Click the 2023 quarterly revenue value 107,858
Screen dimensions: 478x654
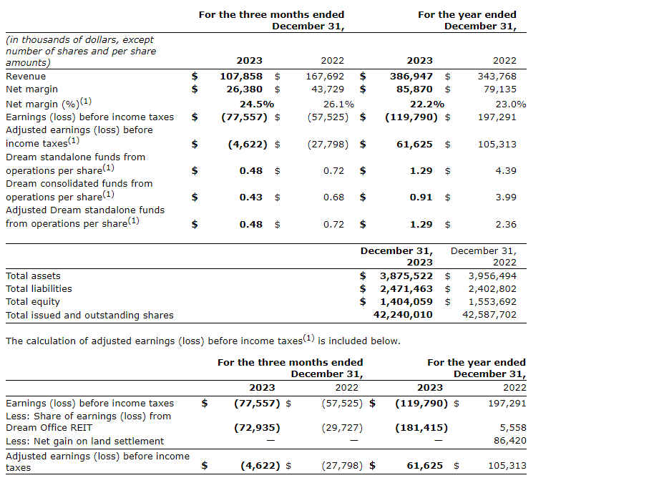[x=241, y=76]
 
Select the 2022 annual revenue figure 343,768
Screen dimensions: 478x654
[x=497, y=76]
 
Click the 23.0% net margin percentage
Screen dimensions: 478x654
[x=511, y=104]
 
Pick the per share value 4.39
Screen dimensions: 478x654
[x=506, y=171]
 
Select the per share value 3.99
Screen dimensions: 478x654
[x=506, y=197]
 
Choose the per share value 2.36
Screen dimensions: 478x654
[x=506, y=224]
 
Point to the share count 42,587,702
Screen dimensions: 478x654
[x=489, y=314]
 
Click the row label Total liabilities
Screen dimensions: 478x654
[x=39, y=288]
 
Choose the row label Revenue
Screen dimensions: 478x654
[x=26, y=76]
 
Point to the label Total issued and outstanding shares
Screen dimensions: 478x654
[x=89, y=315]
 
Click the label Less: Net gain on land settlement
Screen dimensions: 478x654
[x=84, y=441]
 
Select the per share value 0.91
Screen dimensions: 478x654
[x=421, y=197]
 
